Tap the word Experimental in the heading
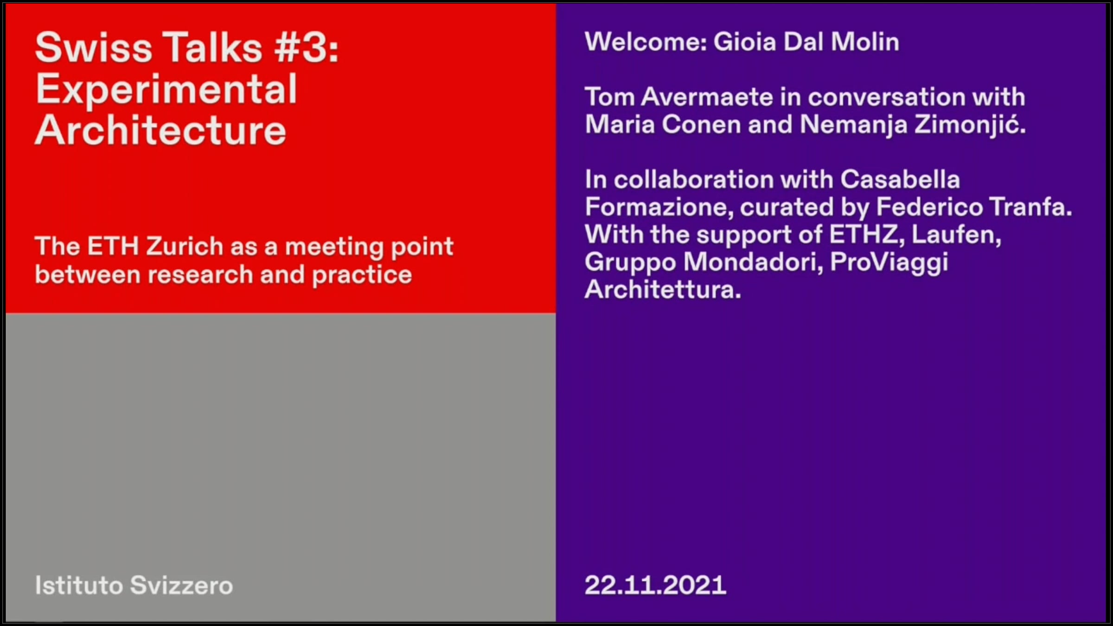[x=166, y=90]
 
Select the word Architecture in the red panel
[x=160, y=130]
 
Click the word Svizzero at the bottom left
[x=181, y=585]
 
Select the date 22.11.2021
[x=655, y=585]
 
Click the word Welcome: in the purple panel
[x=646, y=42]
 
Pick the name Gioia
[x=744, y=42]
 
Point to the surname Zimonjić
[x=970, y=125]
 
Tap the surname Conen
[x=701, y=125]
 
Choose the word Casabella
[x=900, y=179]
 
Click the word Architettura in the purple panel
[x=663, y=290]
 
